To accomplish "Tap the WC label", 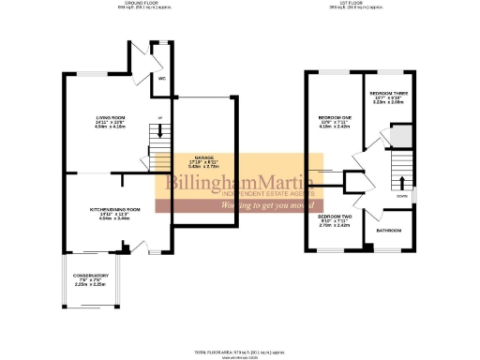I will click(x=161, y=79).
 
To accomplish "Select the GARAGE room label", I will click(x=204, y=157).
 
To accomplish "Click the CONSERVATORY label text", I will click(x=92, y=276).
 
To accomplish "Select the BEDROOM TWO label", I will click(x=334, y=216).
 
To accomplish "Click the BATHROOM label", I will click(x=389, y=229).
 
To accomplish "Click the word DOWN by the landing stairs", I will click(x=401, y=197).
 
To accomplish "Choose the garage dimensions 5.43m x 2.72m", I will click(x=204, y=168).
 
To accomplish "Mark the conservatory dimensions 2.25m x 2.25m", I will click(x=92, y=286).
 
